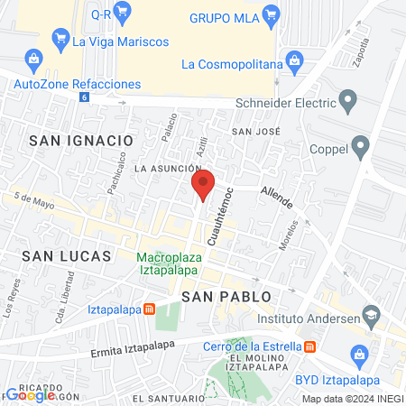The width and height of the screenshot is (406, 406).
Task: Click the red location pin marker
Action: (203, 184)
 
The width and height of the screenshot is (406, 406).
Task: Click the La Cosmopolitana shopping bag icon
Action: (293, 62)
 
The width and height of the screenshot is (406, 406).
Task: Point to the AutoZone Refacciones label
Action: (78, 84)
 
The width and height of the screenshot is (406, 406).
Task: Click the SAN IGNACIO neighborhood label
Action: (80, 140)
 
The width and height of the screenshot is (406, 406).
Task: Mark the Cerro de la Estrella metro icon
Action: (309, 346)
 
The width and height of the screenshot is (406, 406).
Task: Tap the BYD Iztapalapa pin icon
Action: (356, 360)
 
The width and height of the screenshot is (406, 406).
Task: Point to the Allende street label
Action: (275, 194)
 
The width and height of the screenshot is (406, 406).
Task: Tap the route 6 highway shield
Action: (85, 97)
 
